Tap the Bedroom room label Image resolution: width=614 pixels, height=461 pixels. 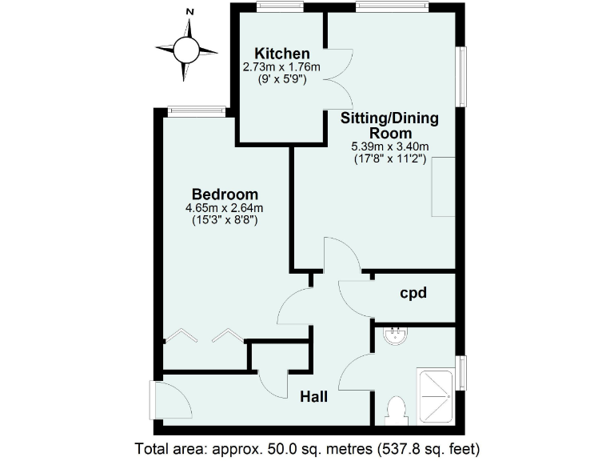click(225, 194)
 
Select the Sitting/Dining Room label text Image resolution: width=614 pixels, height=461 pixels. click(390, 126)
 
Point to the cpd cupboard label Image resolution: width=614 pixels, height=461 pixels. click(413, 293)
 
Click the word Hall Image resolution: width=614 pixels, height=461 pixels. click(316, 395)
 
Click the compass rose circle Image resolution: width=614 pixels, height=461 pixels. click(186, 50)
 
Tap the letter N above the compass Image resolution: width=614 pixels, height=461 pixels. click(190, 12)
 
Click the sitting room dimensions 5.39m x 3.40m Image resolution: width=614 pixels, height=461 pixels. click(390, 146)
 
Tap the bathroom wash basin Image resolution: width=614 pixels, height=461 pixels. click(394, 337)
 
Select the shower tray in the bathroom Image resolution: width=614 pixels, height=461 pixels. click(437, 395)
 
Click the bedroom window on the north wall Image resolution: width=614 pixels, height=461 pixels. click(193, 110)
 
